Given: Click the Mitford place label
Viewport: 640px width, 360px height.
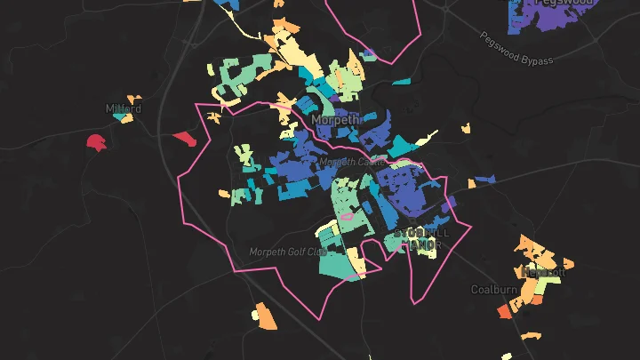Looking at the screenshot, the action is click(x=123, y=108).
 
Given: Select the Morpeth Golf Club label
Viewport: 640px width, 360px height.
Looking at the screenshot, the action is click(x=288, y=252).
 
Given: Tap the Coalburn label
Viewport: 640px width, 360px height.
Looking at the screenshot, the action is click(x=493, y=290).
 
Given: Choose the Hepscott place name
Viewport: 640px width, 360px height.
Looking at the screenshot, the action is click(x=543, y=272).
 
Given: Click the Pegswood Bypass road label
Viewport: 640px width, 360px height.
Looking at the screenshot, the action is click(x=516, y=49).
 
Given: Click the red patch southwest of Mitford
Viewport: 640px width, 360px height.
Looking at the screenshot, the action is click(x=97, y=142).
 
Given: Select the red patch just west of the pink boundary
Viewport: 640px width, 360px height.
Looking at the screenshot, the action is click(x=185, y=138).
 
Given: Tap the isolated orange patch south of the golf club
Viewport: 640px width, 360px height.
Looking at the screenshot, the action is click(x=261, y=313).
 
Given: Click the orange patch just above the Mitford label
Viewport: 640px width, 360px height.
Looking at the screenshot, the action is click(x=133, y=99).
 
